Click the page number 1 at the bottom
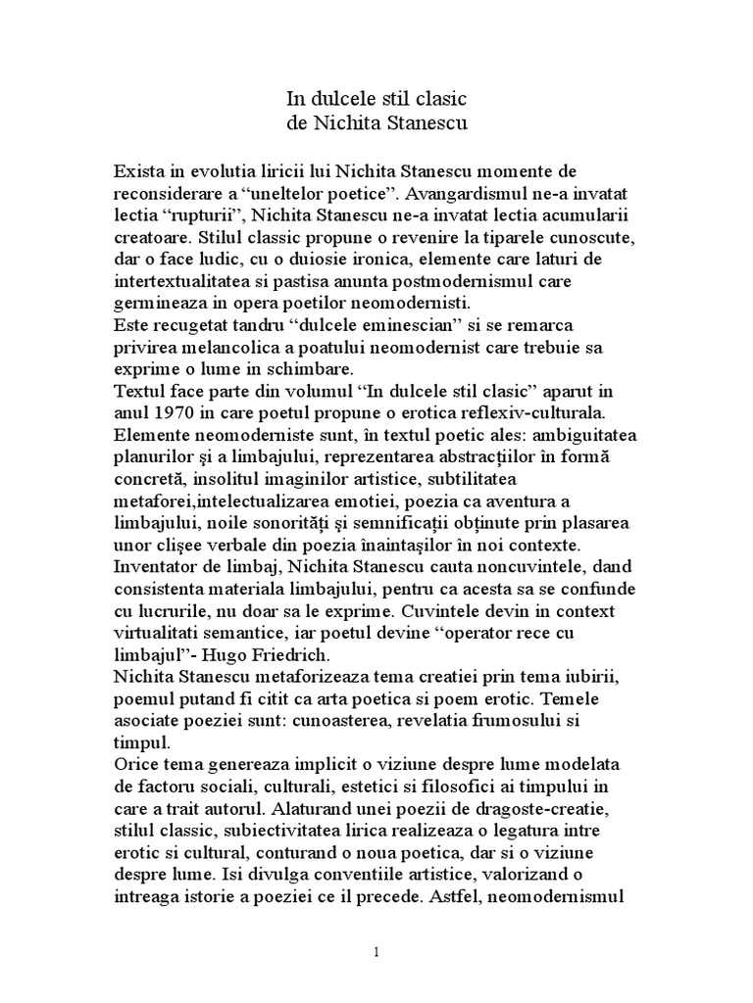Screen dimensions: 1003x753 [376, 953]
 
